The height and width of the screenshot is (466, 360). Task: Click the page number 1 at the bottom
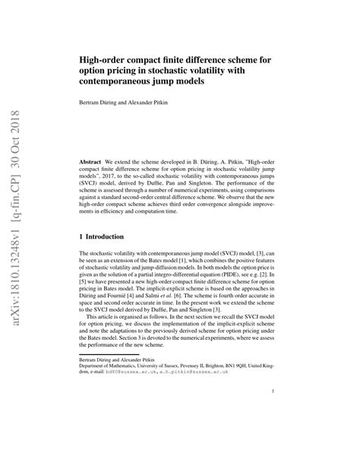[x=271, y=435]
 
